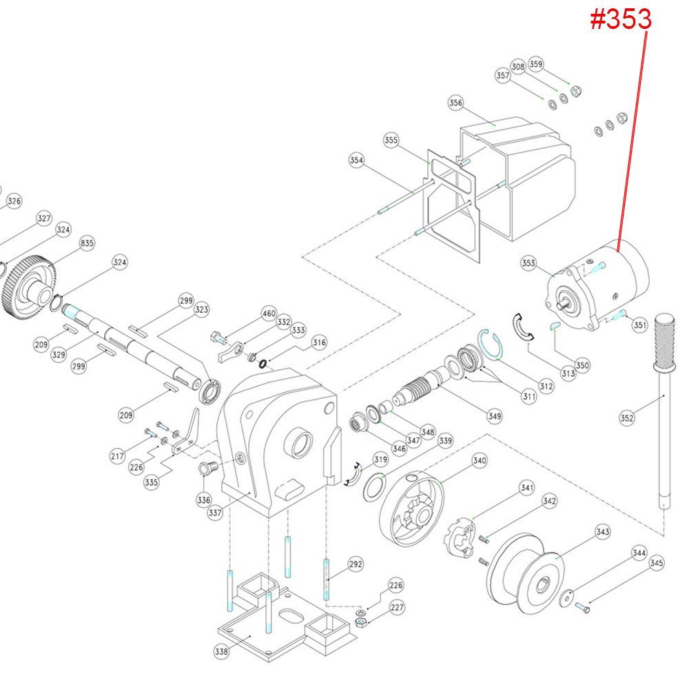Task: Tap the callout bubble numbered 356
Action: (455, 103)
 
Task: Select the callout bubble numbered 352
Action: (626, 417)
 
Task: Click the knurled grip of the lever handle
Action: (663, 342)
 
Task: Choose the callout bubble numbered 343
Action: (603, 532)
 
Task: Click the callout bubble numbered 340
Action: (480, 461)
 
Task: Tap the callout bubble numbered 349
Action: (494, 416)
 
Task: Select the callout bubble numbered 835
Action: (87, 243)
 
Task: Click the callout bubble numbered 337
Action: (216, 513)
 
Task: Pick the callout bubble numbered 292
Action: (355, 565)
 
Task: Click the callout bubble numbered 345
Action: (657, 563)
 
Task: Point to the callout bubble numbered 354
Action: (356, 160)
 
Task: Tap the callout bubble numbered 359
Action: (536, 63)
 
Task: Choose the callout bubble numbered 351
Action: (640, 325)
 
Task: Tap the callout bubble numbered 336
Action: (203, 498)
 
